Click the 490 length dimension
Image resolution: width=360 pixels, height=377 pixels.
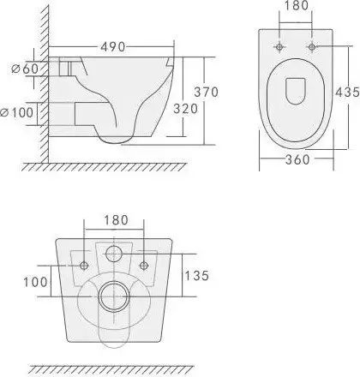point(113,47)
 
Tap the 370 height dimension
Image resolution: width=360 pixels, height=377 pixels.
point(207,92)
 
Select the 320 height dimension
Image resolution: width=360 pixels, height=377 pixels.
point(186,109)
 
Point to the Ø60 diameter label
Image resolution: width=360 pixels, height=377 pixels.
point(25,69)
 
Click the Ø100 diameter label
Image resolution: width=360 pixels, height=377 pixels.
point(17,112)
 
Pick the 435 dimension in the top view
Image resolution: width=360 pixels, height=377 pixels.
point(347,92)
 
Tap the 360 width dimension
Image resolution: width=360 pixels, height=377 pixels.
point(297,159)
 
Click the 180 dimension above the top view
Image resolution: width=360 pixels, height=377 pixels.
point(297,6)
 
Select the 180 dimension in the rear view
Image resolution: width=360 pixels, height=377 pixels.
point(116,220)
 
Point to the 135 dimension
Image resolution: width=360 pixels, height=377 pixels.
point(197,276)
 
